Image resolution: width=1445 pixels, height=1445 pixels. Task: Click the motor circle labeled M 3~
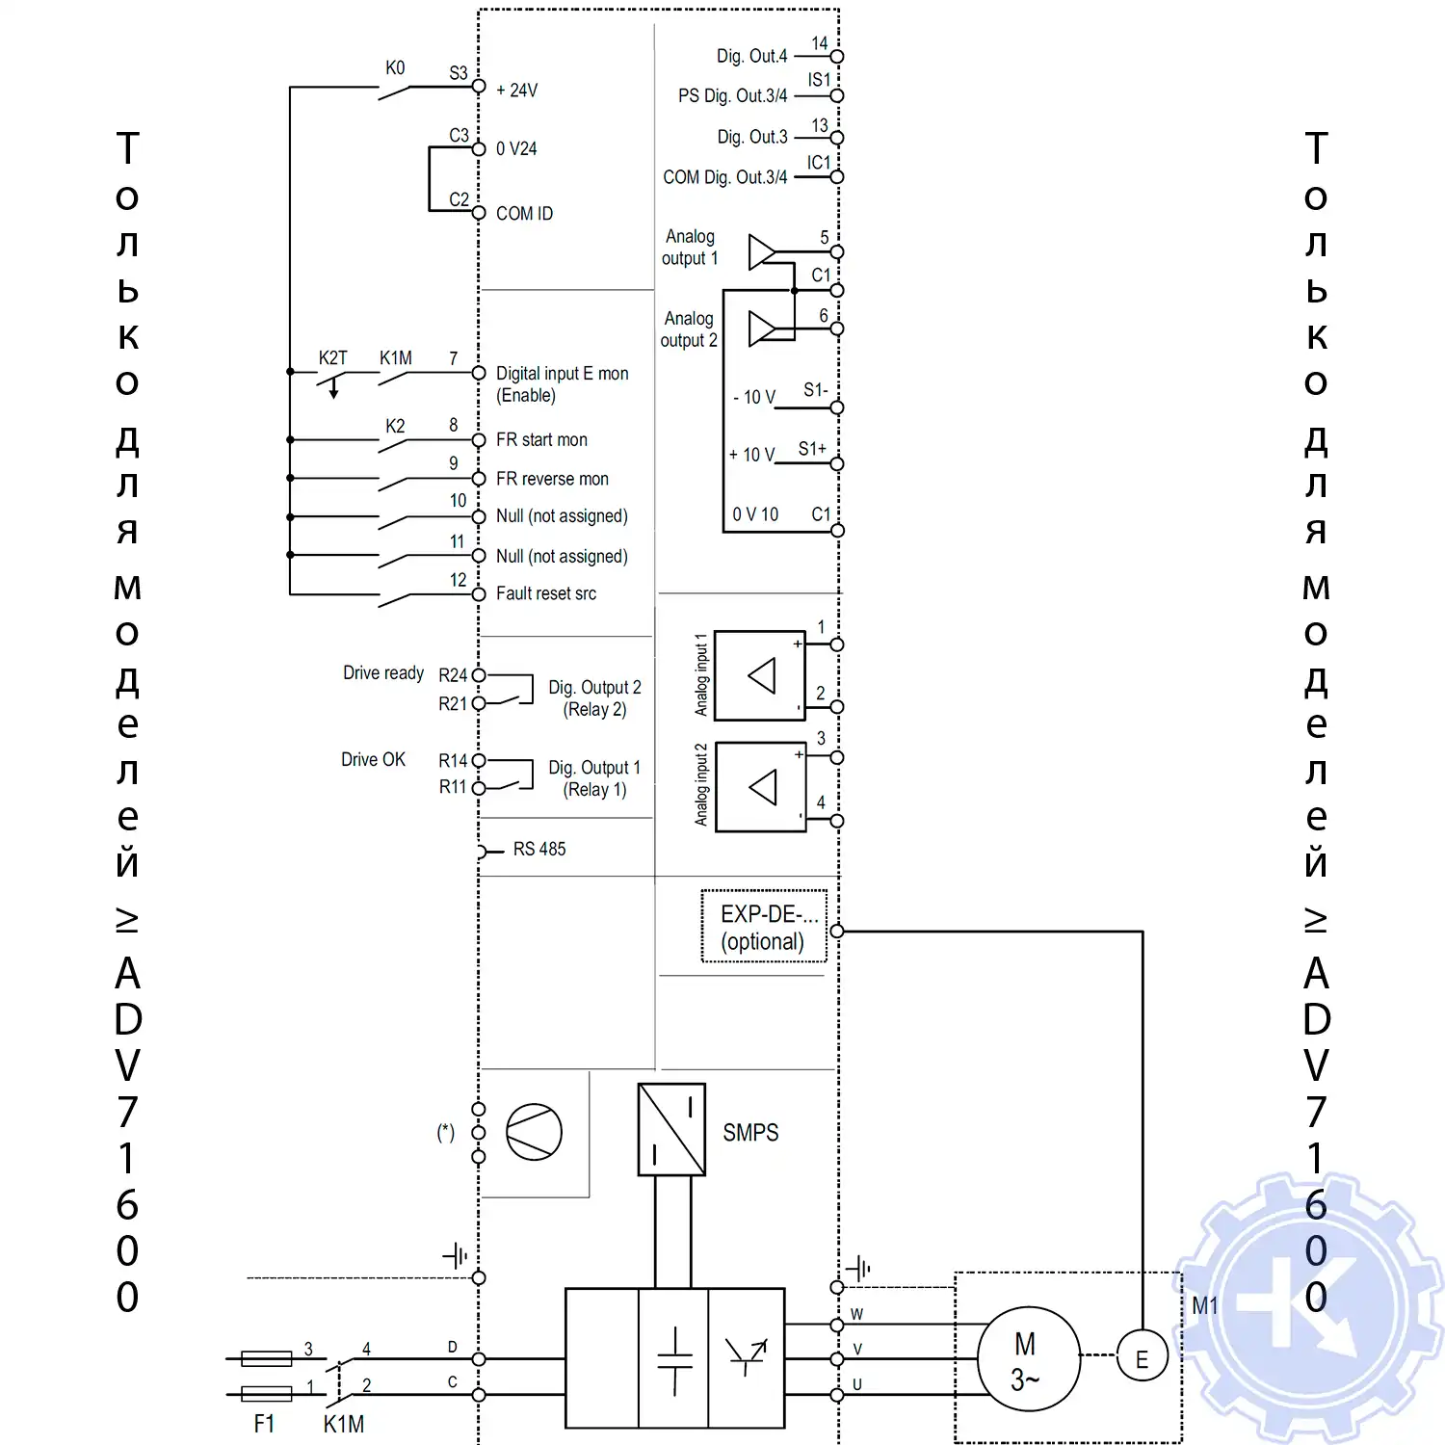coord(1028,1358)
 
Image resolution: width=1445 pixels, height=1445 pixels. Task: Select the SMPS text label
coord(750,1133)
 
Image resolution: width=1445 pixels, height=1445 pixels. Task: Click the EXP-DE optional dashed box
coord(764,927)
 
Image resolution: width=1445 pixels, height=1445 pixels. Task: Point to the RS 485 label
coord(539,849)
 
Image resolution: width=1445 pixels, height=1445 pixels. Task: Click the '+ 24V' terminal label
coord(516,91)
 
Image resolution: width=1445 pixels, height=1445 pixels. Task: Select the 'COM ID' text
coord(524,214)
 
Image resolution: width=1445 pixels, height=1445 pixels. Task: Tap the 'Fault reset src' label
coord(545,593)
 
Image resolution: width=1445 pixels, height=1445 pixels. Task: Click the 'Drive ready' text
coord(383,672)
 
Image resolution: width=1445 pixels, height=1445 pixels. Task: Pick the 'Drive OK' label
coord(373,759)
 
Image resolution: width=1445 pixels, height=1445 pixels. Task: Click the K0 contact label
coord(395,67)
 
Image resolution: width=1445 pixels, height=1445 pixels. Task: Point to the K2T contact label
coord(333,357)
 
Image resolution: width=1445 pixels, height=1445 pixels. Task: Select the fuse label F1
coord(264,1423)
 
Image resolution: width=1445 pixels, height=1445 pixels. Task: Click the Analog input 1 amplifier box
coord(760,675)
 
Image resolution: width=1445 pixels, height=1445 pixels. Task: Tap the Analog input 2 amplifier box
coord(761,786)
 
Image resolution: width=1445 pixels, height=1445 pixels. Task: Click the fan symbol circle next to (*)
coord(534,1132)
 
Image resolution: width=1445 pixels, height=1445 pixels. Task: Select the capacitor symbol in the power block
coord(674,1359)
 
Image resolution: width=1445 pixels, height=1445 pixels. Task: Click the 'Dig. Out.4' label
coord(751,56)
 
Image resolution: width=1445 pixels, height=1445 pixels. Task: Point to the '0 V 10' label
coord(755,514)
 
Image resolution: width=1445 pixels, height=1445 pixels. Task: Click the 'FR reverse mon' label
coord(552,479)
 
